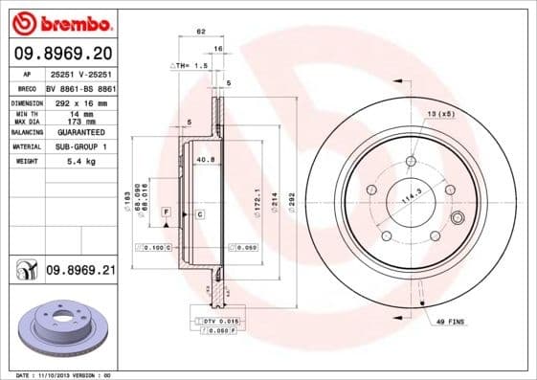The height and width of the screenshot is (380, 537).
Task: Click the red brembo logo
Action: (x=60, y=21)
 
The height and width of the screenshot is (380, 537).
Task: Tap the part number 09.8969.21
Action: (x=80, y=272)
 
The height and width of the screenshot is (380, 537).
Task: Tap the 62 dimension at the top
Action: (x=201, y=33)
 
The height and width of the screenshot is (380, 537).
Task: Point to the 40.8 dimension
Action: (x=204, y=159)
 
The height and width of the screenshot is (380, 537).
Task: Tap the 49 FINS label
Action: (x=450, y=324)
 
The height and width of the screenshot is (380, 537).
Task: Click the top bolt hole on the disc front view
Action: (x=410, y=162)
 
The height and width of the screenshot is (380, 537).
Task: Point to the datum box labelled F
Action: (x=166, y=210)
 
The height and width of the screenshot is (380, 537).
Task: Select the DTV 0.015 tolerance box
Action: (x=214, y=319)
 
